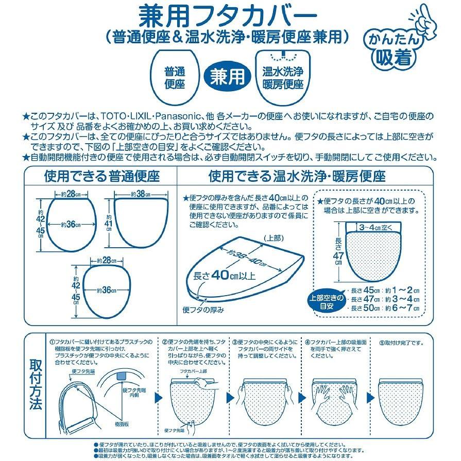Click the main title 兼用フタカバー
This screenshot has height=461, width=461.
pyautogui.click(x=225, y=14)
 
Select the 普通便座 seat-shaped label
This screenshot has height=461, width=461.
pyautogui.click(x=175, y=77)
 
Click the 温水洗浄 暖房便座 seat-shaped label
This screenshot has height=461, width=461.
pyautogui.click(x=282, y=77)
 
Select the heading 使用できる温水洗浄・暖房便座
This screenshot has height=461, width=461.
pyautogui.click(x=297, y=177)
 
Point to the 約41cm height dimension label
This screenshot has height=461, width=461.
pyautogui.click(x=109, y=223)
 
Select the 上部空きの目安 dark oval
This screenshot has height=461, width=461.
pyautogui.click(x=323, y=302)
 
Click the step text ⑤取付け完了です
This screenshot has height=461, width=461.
pyautogui.click(x=401, y=342)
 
